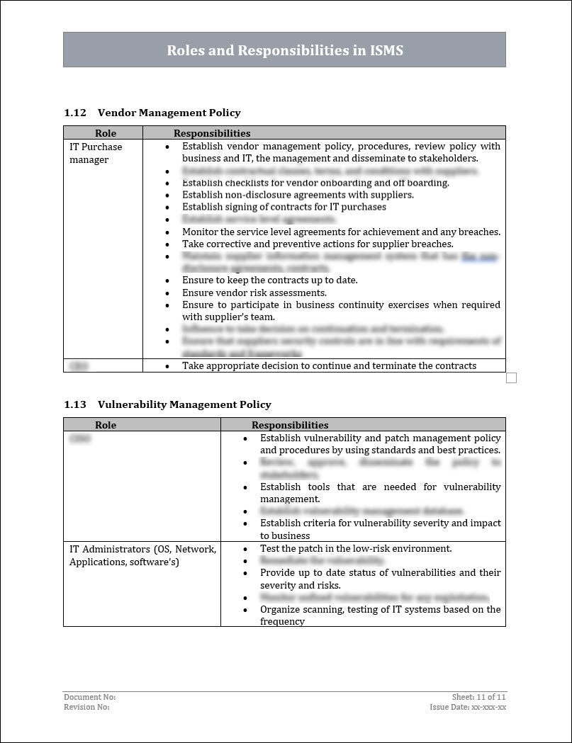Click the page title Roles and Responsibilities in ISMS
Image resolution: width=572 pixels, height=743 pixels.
pyautogui.click(x=284, y=50)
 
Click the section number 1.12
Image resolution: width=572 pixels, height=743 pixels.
pyautogui.click(x=74, y=113)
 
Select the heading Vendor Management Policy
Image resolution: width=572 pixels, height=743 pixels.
pyautogui.click(x=169, y=113)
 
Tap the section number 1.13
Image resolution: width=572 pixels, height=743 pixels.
pyautogui.click(x=74, y=404)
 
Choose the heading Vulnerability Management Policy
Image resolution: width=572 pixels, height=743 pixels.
pyautogui.click(x=184, y=404)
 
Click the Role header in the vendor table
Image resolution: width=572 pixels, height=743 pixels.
pyautogui.click(x=106, y=133)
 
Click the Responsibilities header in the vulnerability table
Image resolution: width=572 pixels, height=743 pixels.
pyautogui.click(x=290, y=425)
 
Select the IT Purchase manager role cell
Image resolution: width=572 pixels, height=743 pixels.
pyautogui.click(x=96, y=153)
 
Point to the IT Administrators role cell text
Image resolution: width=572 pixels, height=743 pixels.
pyautogui.click(x=142, y=555)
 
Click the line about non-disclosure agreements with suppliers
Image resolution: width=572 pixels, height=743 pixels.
pyautogui.click(x=298, y=195)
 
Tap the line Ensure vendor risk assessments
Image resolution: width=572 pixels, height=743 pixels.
pyautogui.click(x=254, y=293)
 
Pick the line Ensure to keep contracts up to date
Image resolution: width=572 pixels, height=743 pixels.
pyautogui.click(x=269, y=280)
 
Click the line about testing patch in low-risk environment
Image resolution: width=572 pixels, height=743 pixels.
pyautogui.click(x=356, y=548)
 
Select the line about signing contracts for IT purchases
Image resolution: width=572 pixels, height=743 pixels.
pyautogui.click(x=284, y=207)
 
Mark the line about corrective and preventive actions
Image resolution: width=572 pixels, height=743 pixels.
pyautogui.click(x=318, y=244)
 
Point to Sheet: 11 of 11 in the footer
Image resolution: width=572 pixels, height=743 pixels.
pyautogui.click(x=478, y=697)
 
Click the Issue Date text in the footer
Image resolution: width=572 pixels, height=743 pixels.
pyautogui.click(x=468, y=707)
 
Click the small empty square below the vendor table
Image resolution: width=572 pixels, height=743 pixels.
pyautogui.click(x=511, y=378)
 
